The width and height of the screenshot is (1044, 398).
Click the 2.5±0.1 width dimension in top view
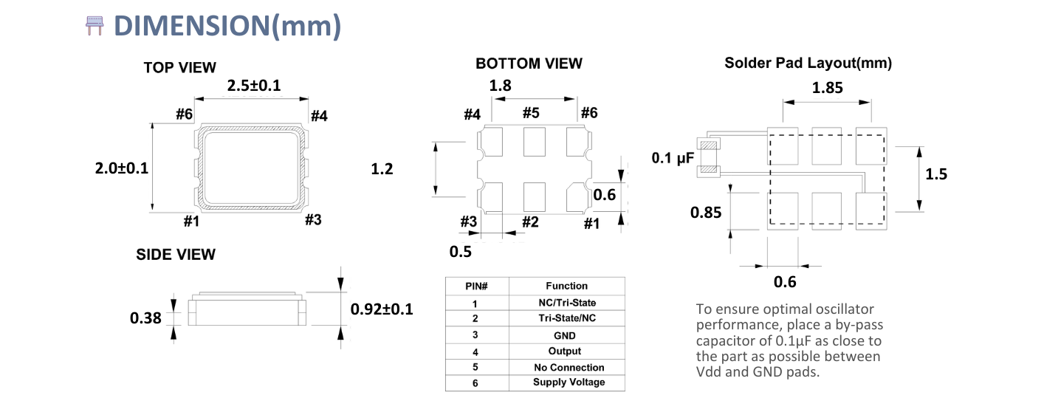tap(254, 86)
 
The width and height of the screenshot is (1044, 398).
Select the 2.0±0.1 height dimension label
tap(122, 168)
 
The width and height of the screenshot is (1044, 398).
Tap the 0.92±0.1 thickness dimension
tap(382, 309)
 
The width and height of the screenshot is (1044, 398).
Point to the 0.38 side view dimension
tap(145, 318)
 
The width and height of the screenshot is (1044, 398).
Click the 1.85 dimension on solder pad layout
tap(827, 88)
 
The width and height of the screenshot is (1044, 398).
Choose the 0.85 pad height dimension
tap(706, 213)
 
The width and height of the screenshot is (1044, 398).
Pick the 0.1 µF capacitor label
tap(673, 158)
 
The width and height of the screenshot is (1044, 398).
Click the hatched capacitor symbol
tap(709, 158)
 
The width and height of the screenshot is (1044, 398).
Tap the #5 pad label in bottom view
tap(531, 113)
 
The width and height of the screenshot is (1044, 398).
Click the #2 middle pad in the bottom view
tap(534, 197)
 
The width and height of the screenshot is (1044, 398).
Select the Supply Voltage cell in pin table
tap(569, 382)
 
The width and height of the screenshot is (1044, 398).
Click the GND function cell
tap(564, 335)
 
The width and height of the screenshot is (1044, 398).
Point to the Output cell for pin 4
tap(564, 351)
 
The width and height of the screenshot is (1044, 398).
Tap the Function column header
tap(567, 286)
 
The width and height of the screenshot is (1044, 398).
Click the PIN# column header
tap(476, 287)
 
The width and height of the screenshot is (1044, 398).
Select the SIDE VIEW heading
tap(176, 255)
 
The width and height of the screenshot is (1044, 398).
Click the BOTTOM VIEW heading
tap(529, 64)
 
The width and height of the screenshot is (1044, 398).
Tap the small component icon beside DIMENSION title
tap(95, 25)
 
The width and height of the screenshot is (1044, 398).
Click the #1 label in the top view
tap(191, 222)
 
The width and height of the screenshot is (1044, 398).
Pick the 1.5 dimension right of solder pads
tap(936, 174)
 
